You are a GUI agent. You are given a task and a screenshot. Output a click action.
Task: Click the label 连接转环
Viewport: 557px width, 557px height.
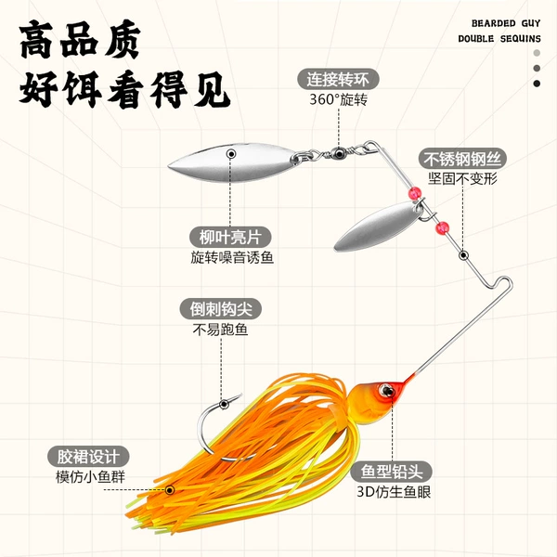(x=338, y=79)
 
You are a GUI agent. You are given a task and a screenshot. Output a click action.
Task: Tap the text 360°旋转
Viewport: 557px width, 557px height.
(x=338, y=100)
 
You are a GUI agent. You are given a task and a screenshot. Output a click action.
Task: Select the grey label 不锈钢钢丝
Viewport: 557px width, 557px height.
(x=462, y=159)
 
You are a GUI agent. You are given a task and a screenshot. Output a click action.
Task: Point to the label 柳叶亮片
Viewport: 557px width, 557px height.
(x=230, y=237)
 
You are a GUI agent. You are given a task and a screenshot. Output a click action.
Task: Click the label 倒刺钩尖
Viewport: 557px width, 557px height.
(x=221, y=309)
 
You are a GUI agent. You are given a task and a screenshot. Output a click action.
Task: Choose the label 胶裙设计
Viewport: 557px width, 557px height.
(x=88, y=457)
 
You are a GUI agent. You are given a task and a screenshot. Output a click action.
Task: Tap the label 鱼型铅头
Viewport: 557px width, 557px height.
(x=392, y=472)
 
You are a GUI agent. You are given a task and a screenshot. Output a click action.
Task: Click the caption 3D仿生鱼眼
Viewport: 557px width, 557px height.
(x=394, y=492)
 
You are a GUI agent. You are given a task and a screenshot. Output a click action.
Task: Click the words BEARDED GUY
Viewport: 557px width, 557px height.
(x=506, y=23)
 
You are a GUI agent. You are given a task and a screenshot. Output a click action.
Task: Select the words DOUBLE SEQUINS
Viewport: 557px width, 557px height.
(x=499, y=39)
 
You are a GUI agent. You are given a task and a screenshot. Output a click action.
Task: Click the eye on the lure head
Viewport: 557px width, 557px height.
(x=386, y=391)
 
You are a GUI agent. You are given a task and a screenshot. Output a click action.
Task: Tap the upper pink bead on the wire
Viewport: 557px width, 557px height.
(x=415, y=194)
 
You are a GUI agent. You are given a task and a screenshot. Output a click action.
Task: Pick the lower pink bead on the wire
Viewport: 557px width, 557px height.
(x=442, y=228)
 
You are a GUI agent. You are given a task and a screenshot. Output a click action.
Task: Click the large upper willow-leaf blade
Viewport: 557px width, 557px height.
(x=233, y=162)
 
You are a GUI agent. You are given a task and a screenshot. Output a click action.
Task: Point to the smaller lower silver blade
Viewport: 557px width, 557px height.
(x=379, y=227)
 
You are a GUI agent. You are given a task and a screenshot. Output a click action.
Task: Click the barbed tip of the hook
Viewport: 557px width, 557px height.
(x=240, y=395)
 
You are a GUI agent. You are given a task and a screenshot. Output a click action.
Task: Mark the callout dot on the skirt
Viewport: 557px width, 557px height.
(x=170, y=490)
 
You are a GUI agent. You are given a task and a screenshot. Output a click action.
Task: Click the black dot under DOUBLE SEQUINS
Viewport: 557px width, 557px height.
(x=537, y=84)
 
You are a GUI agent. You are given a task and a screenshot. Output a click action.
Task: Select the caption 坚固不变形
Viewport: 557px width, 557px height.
(x=462, y=178)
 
